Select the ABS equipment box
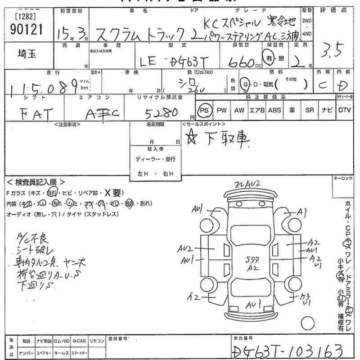[x=274, y=110]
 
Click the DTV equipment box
[x=344, y=110]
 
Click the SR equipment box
[x=309, y=110]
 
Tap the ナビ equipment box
[x=326, y=110]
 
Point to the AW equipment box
[x=238, y=110]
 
